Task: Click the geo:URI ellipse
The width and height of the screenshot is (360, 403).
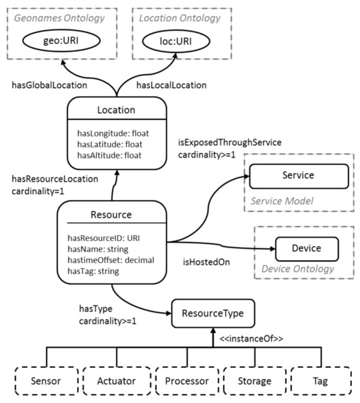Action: click(59, 42)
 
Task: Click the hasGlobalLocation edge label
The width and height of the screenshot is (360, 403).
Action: click(49, 85)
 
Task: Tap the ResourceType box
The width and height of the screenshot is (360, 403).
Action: click(213, 313)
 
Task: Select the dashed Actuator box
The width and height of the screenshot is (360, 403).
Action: click(112, 380)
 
